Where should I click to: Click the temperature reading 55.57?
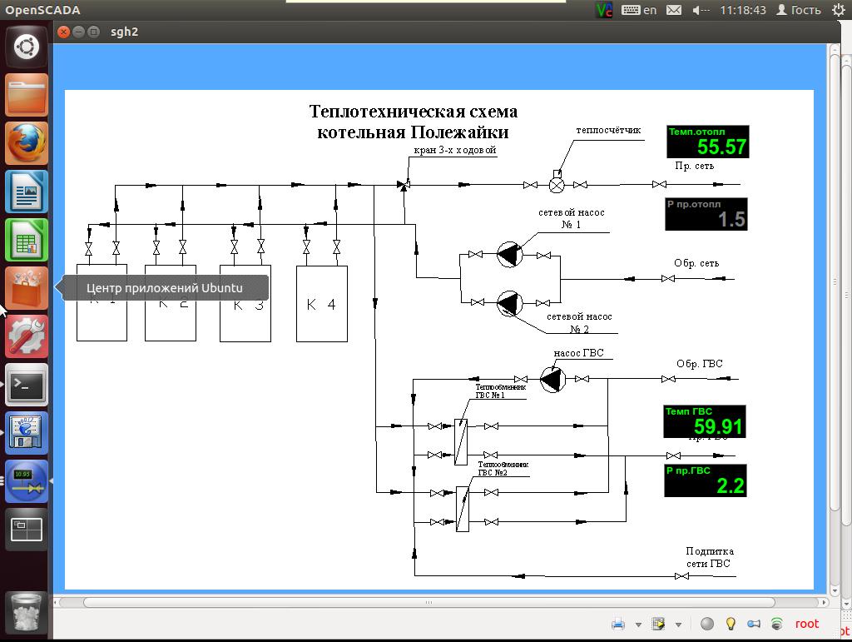[x=721, y=147]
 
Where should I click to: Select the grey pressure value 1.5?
[x=731, y=220]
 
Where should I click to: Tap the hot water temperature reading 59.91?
[x=718, y=427]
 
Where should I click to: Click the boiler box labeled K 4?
[x=321, y=304]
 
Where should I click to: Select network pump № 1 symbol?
[x=508, y=254]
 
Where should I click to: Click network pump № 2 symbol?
[x=508, y=304]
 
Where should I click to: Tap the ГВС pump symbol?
[x=552, y=380]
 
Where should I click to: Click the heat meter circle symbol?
[x=557, y=185]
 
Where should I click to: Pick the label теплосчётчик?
[x=608, y=130]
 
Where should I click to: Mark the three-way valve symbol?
[x=404, y=185]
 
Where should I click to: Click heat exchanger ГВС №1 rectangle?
[x=460, y=441]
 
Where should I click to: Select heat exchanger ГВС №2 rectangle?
[x=463, y=508]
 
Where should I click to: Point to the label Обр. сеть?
[x=696, y=263]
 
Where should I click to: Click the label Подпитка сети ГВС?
[x=709, y=557]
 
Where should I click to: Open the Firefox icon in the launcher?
[x=27, y=144]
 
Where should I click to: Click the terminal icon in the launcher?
[x=27, y=386]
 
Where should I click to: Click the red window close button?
[x=64, y=32]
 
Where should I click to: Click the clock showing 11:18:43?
[x=743, y=10]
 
